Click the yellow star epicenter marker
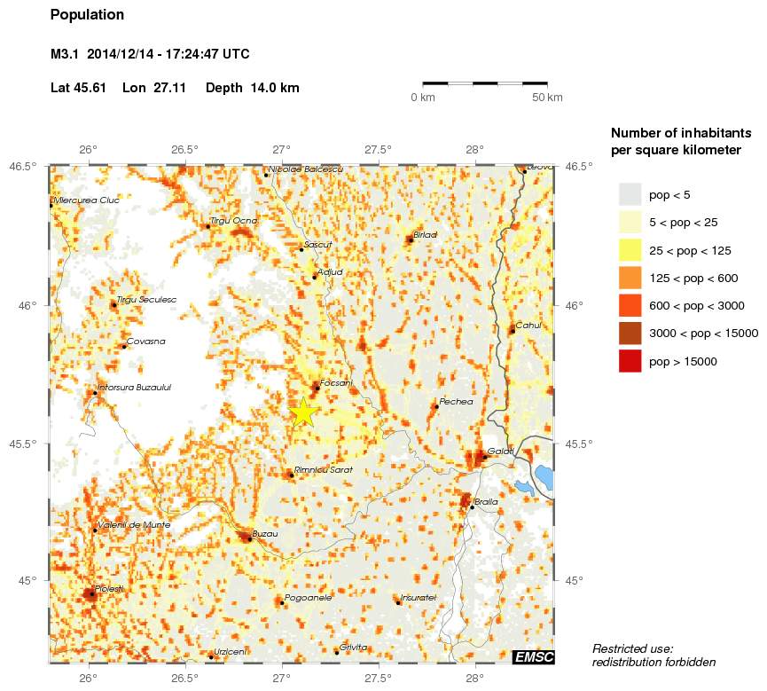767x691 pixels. tap(303, 412)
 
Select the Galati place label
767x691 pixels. tap(501, 452)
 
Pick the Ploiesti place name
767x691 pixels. tap(108, 589)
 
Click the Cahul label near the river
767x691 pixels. tap(528, 325)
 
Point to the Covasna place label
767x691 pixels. tap(145, 341)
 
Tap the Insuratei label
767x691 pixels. tap(418, 597)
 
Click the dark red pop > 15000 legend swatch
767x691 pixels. tap(630, 362)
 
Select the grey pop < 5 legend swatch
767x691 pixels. tap(630, 194)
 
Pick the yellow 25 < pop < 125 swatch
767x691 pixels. tap(630, 250)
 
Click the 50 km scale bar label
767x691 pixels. tap(547, 98)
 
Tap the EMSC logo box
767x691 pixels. tap(533, 656)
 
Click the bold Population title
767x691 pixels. tap(88, 15)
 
